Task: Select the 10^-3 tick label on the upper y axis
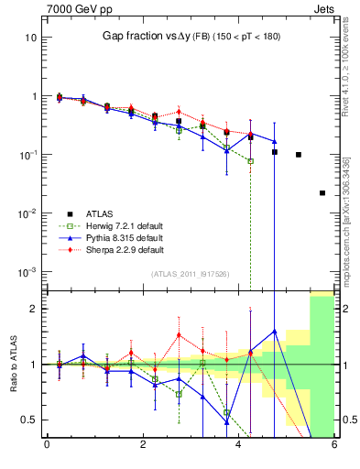click(x=28, y=272)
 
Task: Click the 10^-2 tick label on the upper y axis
click(x=28, y=213)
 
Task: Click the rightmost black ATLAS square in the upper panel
click(x=322, y=193)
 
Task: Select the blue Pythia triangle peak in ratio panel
click(x=275, y=331)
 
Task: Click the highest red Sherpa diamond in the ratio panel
click(x=179, y=334)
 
